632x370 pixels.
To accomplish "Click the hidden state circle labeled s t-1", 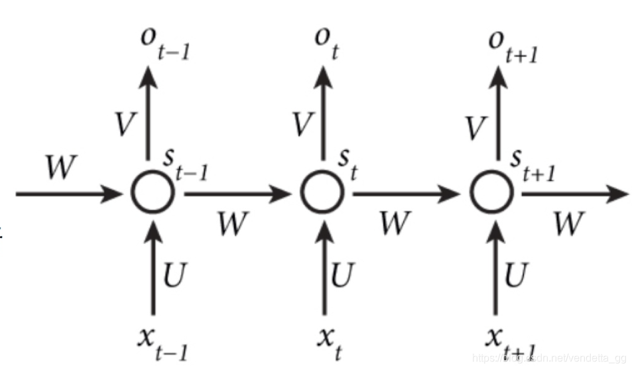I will [153, 194].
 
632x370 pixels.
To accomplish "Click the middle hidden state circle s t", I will [323, 194].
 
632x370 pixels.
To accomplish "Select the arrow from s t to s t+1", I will [407, 194].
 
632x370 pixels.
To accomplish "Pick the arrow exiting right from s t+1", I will [574, 194].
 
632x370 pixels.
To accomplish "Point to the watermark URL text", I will [550, 359].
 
